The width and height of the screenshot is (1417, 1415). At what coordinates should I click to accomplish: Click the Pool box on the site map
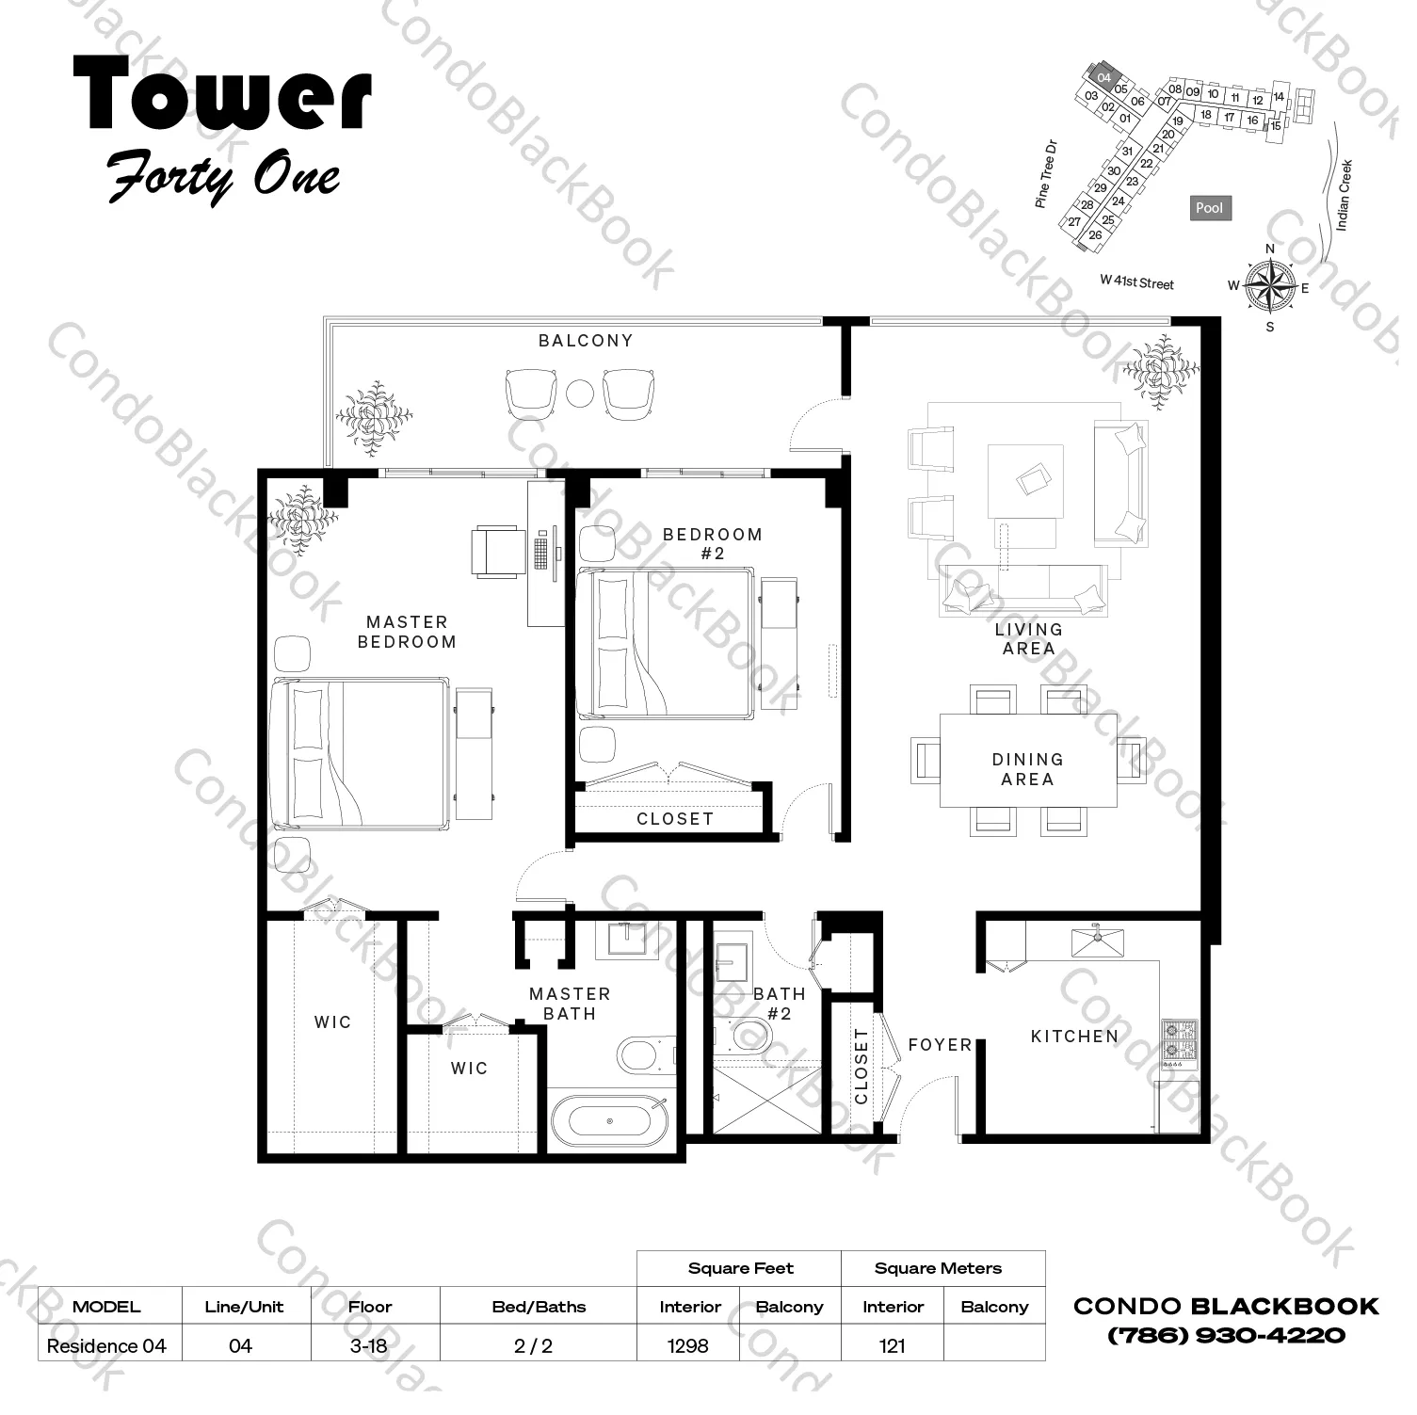pyautogui.click(x=1209, y=208)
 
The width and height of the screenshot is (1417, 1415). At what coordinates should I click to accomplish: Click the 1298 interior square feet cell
pyautogui.click(x=688, y=1345)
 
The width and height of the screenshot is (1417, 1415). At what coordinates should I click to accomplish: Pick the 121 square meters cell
pyautogui.click(x=892, y=1345)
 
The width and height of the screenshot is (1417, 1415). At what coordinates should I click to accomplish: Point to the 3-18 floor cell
pyautogui.click(x=368, y=1345)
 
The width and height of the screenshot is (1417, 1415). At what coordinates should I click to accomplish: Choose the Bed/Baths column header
pyautogui.click(x=539, y=1307)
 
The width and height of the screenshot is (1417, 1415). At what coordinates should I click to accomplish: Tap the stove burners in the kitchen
pyautogui.click(x=1180, y=1038)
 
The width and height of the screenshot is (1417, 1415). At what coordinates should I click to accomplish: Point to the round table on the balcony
pyautogui.click(x=581, y=393)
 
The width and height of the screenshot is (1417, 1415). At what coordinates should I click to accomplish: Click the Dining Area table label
pyautogui.click(x=1027, y=769)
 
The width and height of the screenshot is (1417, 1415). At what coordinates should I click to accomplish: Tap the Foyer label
pyautogui.click(x=940, y=1045)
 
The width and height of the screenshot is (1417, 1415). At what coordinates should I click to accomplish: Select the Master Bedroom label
pyautogui.click(x=407, y=632)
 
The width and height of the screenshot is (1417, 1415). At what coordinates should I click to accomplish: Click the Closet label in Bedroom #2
pyautogui.click(x=675, y=819)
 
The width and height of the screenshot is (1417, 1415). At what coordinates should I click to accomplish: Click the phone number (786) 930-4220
pyautogui.click(x=1226, y=1335)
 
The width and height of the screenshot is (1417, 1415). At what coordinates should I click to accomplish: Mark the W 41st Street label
pyautogui.click(x=1137, y=281)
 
